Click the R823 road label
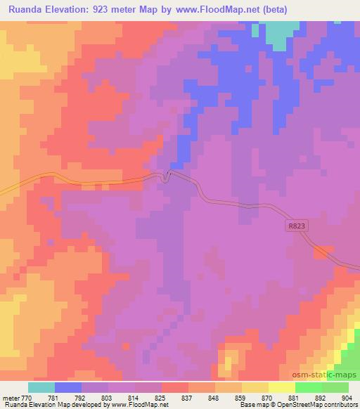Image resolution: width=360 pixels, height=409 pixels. click(297, 226)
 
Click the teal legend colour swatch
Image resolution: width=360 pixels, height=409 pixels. click(41, 387)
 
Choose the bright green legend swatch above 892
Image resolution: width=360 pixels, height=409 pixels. click(309, 387)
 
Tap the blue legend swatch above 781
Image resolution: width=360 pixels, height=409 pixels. click(68, 387)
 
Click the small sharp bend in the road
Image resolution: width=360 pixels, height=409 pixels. click(166, 176)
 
